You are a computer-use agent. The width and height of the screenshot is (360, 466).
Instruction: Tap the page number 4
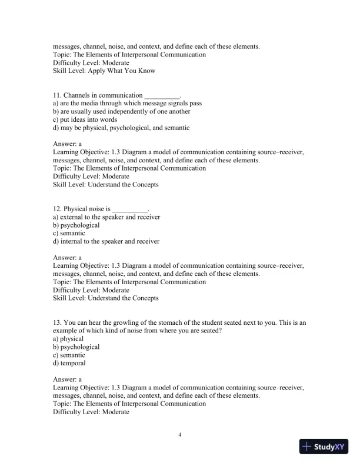[180, 435]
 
